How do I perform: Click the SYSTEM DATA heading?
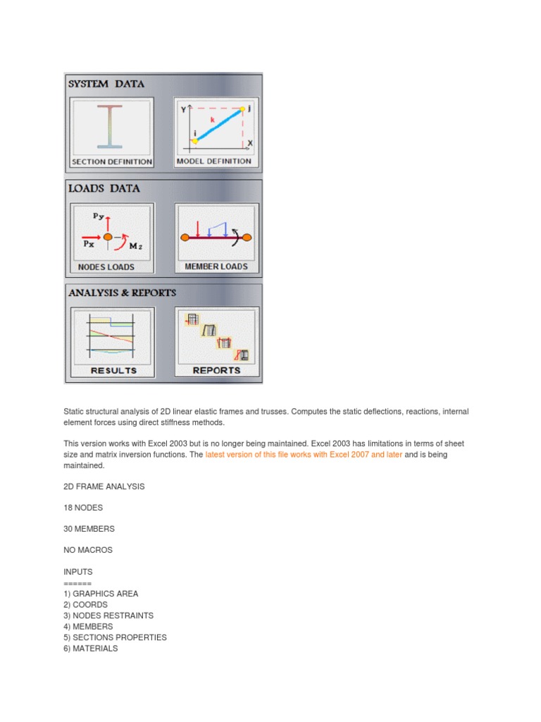pos(106,84)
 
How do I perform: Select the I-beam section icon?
pos(111,127)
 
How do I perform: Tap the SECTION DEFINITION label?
pos(112,161)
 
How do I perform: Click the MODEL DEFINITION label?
pos(214,161)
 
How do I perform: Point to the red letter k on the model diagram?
pos(212,121)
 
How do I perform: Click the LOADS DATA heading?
pos(104,189)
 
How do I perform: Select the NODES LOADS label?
pos(106,267)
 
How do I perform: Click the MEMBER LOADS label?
pos(216,267)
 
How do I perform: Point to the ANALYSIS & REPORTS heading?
pos(122,293)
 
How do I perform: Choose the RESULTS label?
pos(113,370)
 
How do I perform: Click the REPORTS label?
pos(216,370)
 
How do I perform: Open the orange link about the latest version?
pos(304,455)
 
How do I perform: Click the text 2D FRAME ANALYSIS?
pos(104,487)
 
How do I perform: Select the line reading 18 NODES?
pos(83,508)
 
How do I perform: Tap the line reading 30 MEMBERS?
pos(89,529)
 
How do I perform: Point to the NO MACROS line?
pos(87,550)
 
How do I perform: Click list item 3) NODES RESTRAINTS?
pos(108,616)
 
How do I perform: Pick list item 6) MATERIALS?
pos(91,649)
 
